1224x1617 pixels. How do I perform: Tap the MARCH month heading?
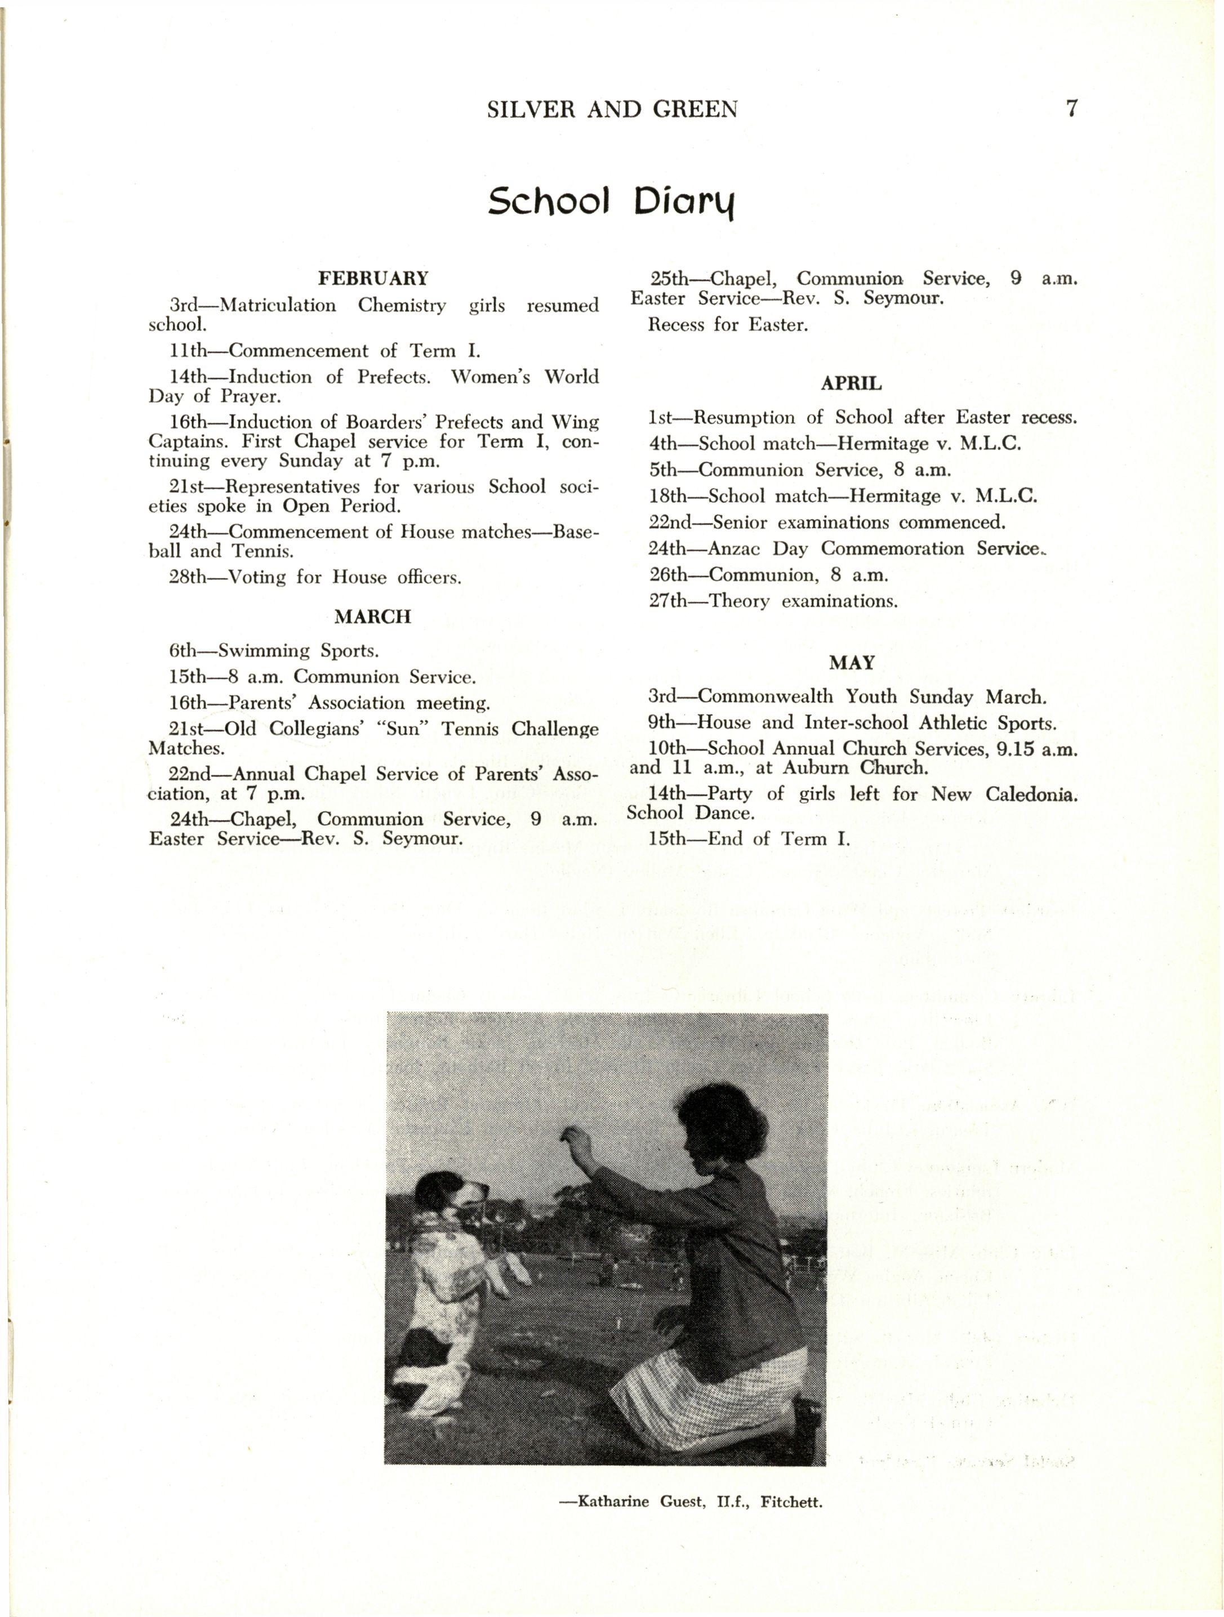point(373,617)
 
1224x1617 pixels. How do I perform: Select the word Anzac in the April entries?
point(736,548)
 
